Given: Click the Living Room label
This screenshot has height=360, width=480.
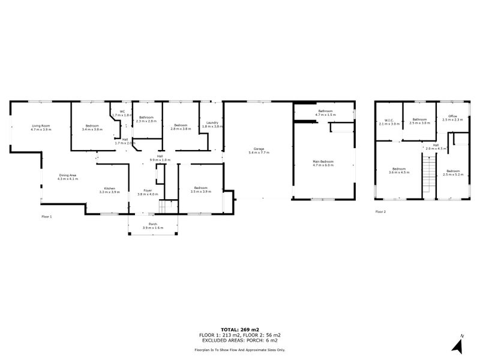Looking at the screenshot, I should coord(41,125).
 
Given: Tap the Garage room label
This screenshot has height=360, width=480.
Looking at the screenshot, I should coord(259,149).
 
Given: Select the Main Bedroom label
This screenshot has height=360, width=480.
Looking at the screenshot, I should coord(322,161).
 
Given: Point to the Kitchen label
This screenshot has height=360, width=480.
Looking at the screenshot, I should coord(110,189).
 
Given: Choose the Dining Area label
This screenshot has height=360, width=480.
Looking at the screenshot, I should coord(68,175).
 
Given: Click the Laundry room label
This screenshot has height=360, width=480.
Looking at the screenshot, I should coord(212,122).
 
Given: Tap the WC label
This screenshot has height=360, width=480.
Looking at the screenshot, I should coord(122,111).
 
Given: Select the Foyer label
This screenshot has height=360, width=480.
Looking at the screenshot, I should coord(148,191).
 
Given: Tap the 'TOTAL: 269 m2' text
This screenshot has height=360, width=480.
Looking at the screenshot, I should coord(239,329).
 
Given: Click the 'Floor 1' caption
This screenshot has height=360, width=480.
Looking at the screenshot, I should coord(47,216).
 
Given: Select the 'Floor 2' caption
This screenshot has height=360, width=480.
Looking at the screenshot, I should coord(380,211).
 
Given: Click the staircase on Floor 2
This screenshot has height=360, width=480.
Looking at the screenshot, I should coord(428,174).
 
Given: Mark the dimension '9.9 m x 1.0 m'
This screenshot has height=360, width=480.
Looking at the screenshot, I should coord(160,160).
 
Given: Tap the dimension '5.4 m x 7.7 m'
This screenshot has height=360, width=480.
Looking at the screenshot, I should coord(259,152).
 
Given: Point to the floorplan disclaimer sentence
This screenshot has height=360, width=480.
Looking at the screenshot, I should coord(239,349).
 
